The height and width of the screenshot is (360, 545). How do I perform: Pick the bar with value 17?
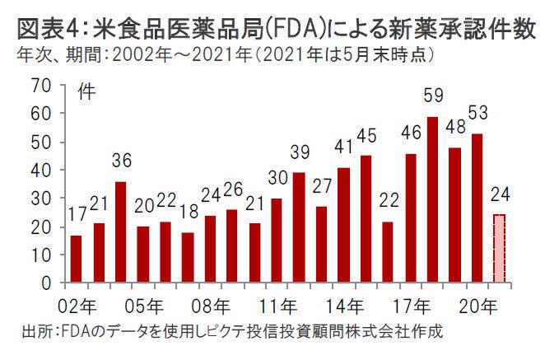click(77, 259)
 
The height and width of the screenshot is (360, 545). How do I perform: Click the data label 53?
click(477, 112)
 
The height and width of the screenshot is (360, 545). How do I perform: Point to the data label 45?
click(367, 134)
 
